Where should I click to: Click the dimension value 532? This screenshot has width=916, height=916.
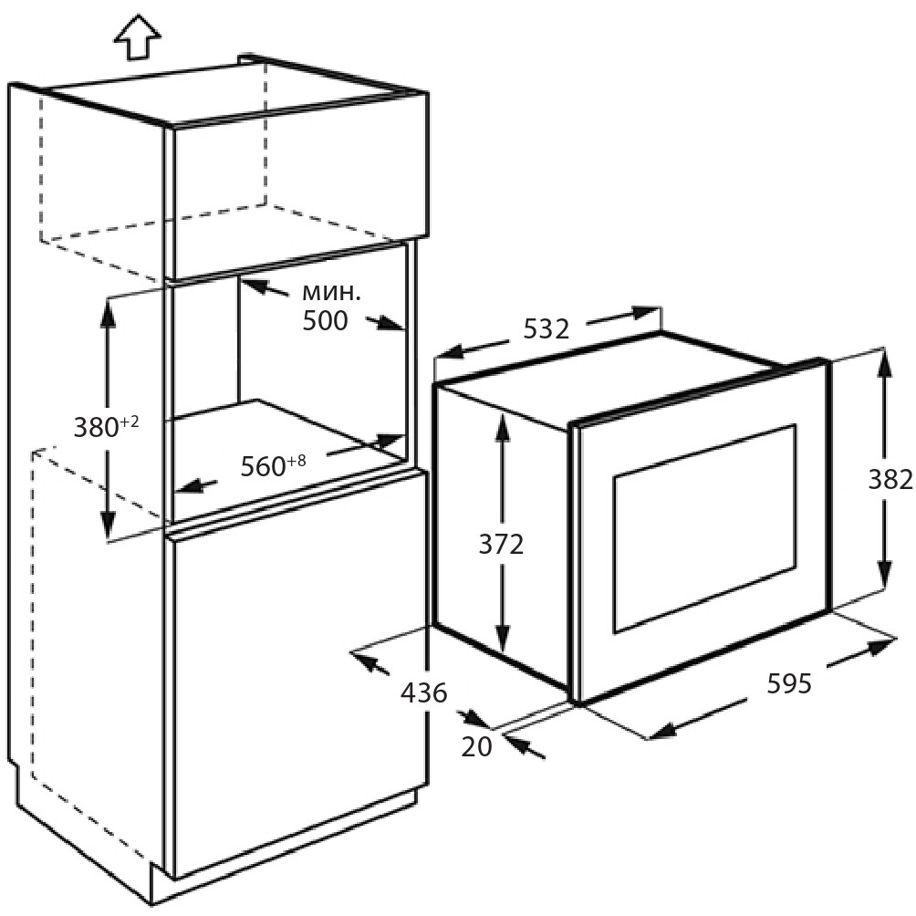(x=546, y=329)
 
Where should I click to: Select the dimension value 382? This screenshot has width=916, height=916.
(x=890, y=480)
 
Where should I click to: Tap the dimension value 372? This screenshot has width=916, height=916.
(x=501, y=545)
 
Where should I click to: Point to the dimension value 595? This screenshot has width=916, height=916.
(x=788, y=683)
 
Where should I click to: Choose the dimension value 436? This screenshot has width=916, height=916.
(x=423, y=692)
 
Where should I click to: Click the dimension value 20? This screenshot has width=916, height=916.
(x=476, y=746)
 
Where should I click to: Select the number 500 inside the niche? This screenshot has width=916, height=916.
(x=325, y=320)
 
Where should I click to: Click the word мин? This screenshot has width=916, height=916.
(x=331, y=293)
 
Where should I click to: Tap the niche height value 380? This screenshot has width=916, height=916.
(x=97, y=428)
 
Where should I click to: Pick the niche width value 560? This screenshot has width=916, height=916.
(x=264, y=466)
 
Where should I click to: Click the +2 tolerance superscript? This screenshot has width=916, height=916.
(x=130, y=422)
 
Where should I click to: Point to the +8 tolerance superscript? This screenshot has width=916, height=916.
(x=297, y=461)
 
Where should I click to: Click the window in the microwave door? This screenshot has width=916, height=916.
(x=704, y=528)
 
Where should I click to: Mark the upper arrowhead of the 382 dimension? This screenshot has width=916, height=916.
(x=883, y=365)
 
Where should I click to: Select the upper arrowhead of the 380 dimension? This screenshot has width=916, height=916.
(x=109, y=313)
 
